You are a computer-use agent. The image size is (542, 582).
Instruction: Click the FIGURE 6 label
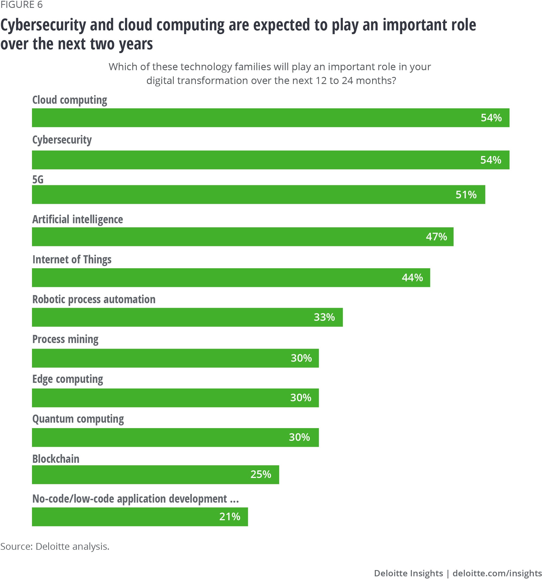tap(21, 5)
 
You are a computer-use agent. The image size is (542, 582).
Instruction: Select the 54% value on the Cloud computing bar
tap(491, 118)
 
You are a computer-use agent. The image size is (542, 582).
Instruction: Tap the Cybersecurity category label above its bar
tap(62, 140)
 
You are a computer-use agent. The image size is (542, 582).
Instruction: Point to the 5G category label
tap(38, 179)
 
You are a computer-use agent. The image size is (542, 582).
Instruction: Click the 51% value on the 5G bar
tap(466, 195)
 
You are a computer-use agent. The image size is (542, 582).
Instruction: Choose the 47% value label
tap(436, 237)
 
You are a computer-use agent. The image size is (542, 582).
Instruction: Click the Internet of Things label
tap(72, 260)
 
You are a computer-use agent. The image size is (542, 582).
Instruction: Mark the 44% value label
tap(412, 277)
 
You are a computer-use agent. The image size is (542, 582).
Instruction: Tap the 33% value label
tap(324, 317)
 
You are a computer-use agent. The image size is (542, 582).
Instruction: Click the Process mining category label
tap(65, 339)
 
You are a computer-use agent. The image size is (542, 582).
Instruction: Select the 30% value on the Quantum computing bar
tap(299, 437)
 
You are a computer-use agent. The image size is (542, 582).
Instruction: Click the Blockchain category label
tap(56, 459)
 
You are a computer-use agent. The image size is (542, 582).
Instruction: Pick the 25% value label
tap(260, 474)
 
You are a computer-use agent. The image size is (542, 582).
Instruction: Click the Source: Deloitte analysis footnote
tap(55, 546)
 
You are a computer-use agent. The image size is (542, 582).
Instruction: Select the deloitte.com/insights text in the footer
tap(497, 573)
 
